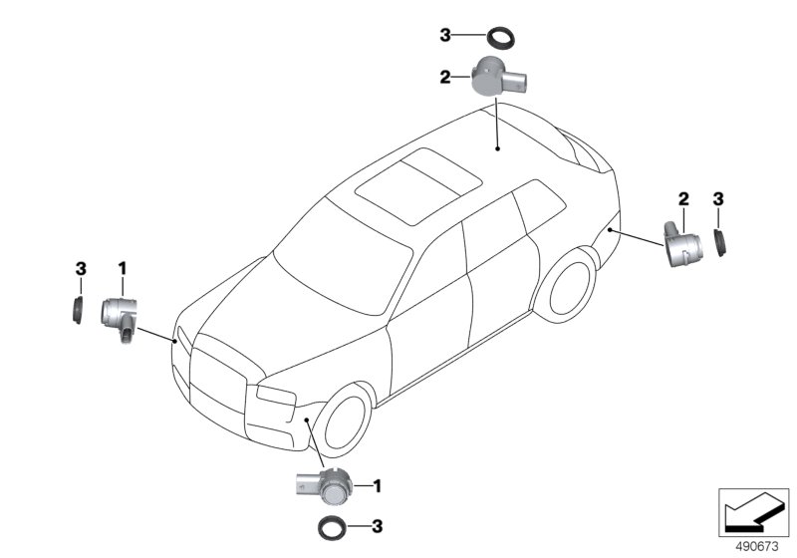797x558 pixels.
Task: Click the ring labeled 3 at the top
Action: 501,40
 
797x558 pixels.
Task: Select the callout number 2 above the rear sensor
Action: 683,199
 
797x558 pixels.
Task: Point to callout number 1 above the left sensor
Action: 123,268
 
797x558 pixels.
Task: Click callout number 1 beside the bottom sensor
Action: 379,485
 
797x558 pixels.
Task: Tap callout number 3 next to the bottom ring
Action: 378,526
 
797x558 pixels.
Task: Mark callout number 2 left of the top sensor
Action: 446,75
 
